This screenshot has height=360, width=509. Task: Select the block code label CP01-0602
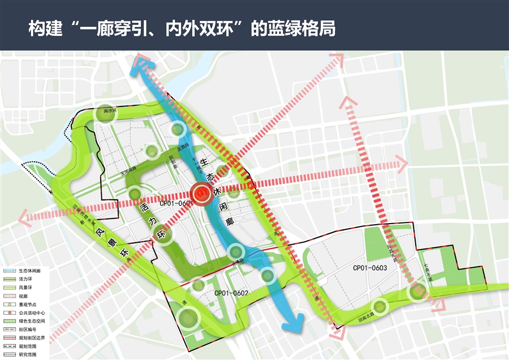pyautogui.click(x=231, y=293)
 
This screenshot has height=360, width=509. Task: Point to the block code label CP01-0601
pyautogui.click(x=176, y=203)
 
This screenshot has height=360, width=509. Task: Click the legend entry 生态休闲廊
pyautogui.click(x=29, y=271)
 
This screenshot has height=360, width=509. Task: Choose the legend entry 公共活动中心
pyautogui.click(x=32, y=312)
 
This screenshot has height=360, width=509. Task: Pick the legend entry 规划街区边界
pyautogui.click(x=32, y=337)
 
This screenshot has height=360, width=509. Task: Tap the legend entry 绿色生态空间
pyautogui.click(x=32, y=321)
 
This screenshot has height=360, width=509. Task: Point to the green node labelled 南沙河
pyautogui.click(x=105, y=112)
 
